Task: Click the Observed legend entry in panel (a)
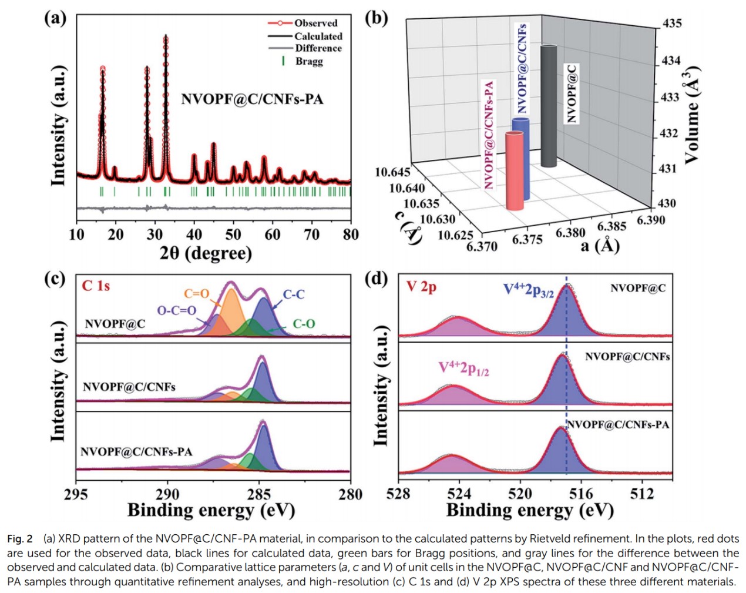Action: tap(315, 23)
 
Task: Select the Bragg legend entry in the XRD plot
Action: tap(309, 61)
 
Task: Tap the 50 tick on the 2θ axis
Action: tap(233, 234)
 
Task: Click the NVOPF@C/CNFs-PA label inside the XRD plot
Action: tap(252, 99)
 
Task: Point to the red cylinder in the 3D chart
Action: tap(515, 170)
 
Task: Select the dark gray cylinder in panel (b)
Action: tap(549, 106)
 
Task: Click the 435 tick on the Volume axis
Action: tap(672, 24)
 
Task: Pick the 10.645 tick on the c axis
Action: tap(392, 172)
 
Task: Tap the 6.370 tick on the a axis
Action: tap(482, 246)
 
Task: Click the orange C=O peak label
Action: tap(196, 294)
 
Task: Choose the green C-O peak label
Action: tap(304, 324)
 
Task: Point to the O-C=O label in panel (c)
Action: tap(176, 310)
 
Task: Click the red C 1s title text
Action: tap(96, 286)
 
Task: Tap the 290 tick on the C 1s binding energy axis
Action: tap(167, 494)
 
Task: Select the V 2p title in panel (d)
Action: tap(421, 287)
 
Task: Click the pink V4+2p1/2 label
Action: tap(463, 368)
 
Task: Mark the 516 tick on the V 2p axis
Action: tap(581, 494)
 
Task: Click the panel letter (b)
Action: tap(377, 18)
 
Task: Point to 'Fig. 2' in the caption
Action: tap(19, 539)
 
